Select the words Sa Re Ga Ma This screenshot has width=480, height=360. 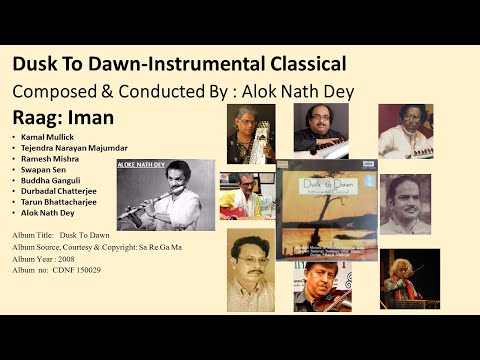coord(184,245)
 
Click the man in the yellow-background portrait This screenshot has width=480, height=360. coord(251,270)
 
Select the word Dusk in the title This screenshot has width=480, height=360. coord(33,65)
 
